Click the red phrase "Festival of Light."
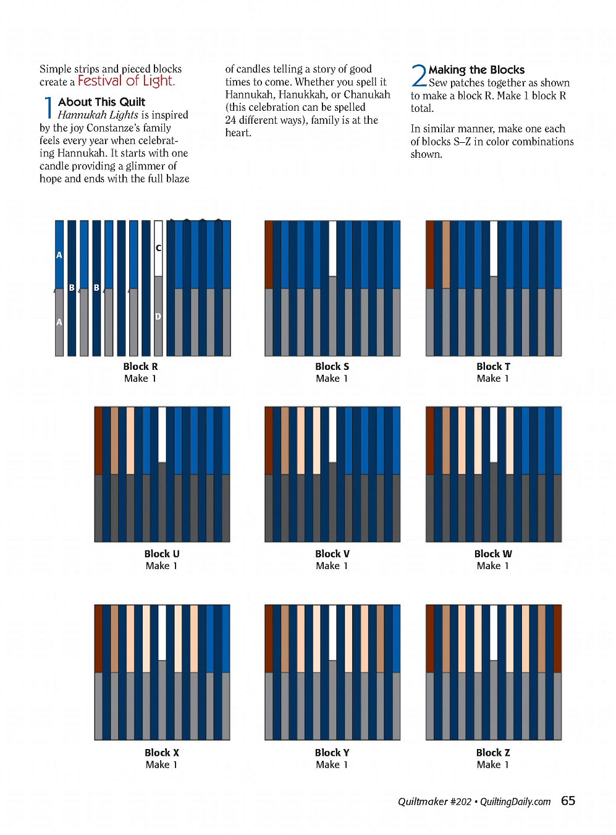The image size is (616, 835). click(x=126, y=81)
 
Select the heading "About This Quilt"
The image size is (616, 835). click(x=101, y=102)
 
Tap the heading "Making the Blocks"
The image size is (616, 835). click(x=476, y=70)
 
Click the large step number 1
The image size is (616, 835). click(x=48, y=108)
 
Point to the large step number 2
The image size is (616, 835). click(x=418, y=76)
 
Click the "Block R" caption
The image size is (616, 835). click(x=140, y=366)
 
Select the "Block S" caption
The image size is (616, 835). click(x=332, y=366)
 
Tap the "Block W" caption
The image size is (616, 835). click(x=493, y=554)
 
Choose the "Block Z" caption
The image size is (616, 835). click(x=493, y=753)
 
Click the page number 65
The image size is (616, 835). click(x=568, y=801)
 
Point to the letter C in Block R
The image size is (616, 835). click(x=158, y=248)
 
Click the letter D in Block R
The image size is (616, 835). click(x=158, y=316)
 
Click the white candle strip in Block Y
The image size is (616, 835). click(x=332, y=633)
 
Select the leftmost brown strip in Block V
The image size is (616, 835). click(x=269, y=440)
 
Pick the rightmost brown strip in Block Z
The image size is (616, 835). click(x=557, y=638)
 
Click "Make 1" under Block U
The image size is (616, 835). click(x=161, y=566)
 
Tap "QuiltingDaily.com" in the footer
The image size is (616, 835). click(x=515, y=802)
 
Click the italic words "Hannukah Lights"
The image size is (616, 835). click(x=98, y=115)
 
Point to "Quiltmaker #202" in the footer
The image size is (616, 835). click(x=434, y=802)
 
